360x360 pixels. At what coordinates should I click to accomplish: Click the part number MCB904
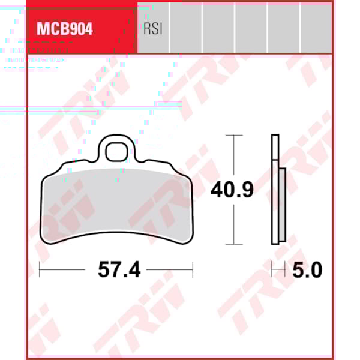click(x=65, y=29)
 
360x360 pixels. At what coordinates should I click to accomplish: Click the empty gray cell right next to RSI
click(x=186, y=27)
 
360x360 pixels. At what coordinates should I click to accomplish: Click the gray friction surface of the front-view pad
click(x=114, y=204)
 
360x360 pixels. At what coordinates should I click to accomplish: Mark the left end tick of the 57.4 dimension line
click(x=40, y=270)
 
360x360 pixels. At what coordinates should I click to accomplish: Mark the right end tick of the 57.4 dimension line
click(x=193, y=270)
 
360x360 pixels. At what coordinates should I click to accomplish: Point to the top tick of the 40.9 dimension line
click(x=233, y=136)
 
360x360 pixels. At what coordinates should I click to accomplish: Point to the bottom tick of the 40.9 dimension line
click(x=233, y=244)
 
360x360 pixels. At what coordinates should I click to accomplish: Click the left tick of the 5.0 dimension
click(x=272, y=270)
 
